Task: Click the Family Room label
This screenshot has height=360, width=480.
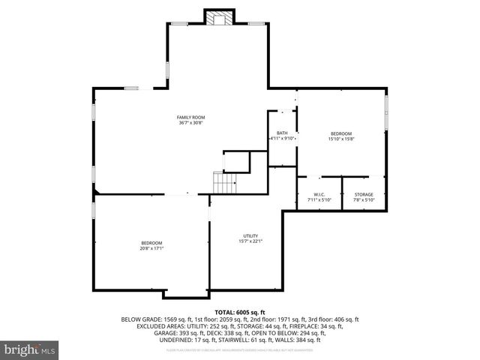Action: coord(190,118)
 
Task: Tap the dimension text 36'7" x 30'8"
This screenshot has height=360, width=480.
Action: coord(190,123)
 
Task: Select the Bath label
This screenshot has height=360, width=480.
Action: coord(282,133)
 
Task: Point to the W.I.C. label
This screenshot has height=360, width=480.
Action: coord(319,195)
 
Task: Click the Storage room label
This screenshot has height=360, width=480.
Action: coord(364,195)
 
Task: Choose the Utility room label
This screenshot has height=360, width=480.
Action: coord(250,235)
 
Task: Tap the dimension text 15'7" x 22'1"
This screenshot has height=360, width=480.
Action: coord(250,241)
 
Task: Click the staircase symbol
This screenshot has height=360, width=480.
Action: coord(225,181)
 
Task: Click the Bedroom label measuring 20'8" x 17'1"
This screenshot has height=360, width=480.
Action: coord(151,243)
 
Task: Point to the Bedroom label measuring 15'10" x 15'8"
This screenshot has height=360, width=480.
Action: coord(341,133)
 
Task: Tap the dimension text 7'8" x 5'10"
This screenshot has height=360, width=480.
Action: coord(364,200)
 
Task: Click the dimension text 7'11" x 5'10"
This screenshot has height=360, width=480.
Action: coord(319,200)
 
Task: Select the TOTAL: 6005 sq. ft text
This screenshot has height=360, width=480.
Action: coord(240,312)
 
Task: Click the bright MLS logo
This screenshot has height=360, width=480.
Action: coord(30,350)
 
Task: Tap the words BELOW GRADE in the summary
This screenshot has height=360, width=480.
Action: coord(139,319)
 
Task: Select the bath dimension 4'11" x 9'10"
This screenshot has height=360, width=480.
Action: coord(283,139)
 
